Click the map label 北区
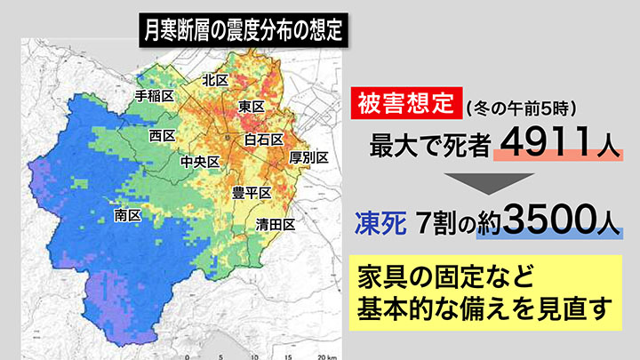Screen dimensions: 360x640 tap(215, 80)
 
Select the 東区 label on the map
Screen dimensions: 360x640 tap(252, 107)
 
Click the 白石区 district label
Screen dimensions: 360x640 tap(263, 140)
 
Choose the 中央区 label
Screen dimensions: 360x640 tap(199, 162)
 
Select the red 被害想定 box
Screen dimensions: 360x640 tap(404, 106)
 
